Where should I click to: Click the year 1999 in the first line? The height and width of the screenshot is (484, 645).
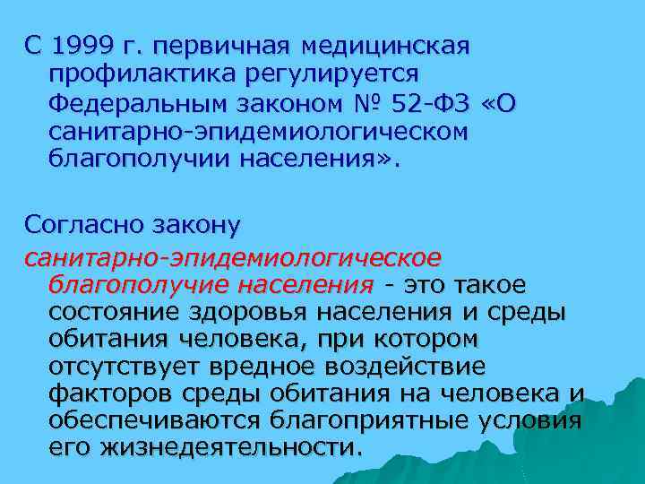tap(83, 45)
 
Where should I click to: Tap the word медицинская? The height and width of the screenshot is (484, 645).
tap(386, 45)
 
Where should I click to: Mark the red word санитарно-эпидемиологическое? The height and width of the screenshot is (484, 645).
tap(233, 258)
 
